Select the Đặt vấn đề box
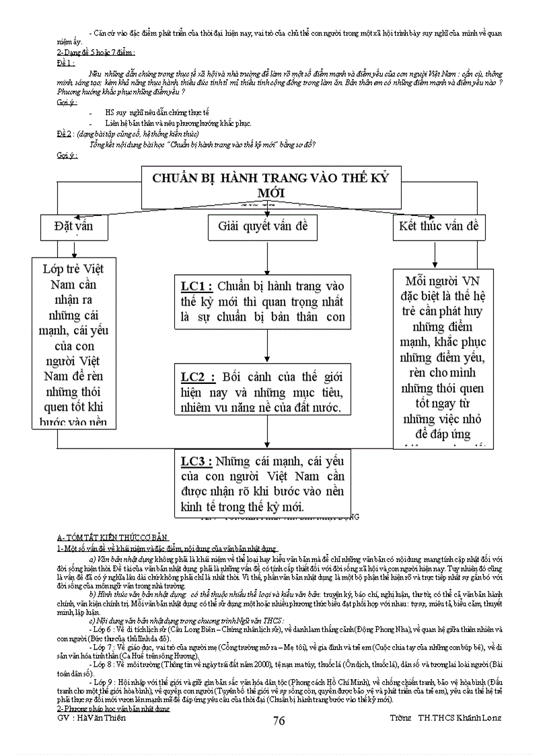click(x=73, y=227)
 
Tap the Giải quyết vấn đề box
click(x=262, y=227)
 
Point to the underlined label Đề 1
click(x=66, y=61)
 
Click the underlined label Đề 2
click(x=66, y=134)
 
